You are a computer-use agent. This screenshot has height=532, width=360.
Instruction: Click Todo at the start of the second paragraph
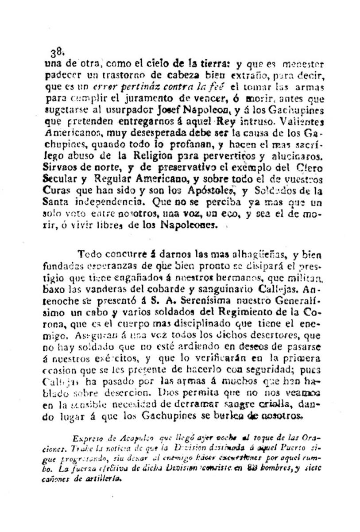[89, 254]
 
